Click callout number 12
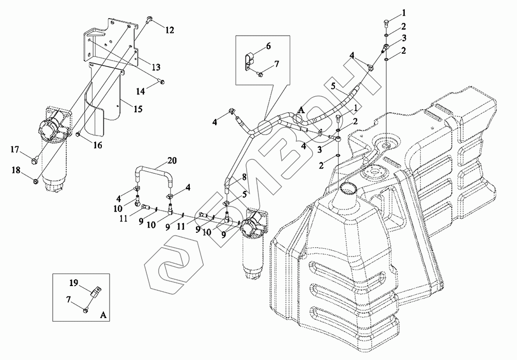click(x=169, y=31)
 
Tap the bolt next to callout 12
click(x=149, y=20)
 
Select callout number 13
click(x=155, y=67)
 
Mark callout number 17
click(x=14, y=150)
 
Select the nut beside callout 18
click(x=34, y=181)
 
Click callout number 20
click(x=172, y=161)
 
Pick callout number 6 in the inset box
click(x=268, y=46)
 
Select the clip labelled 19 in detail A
click(x=95, y=292)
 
